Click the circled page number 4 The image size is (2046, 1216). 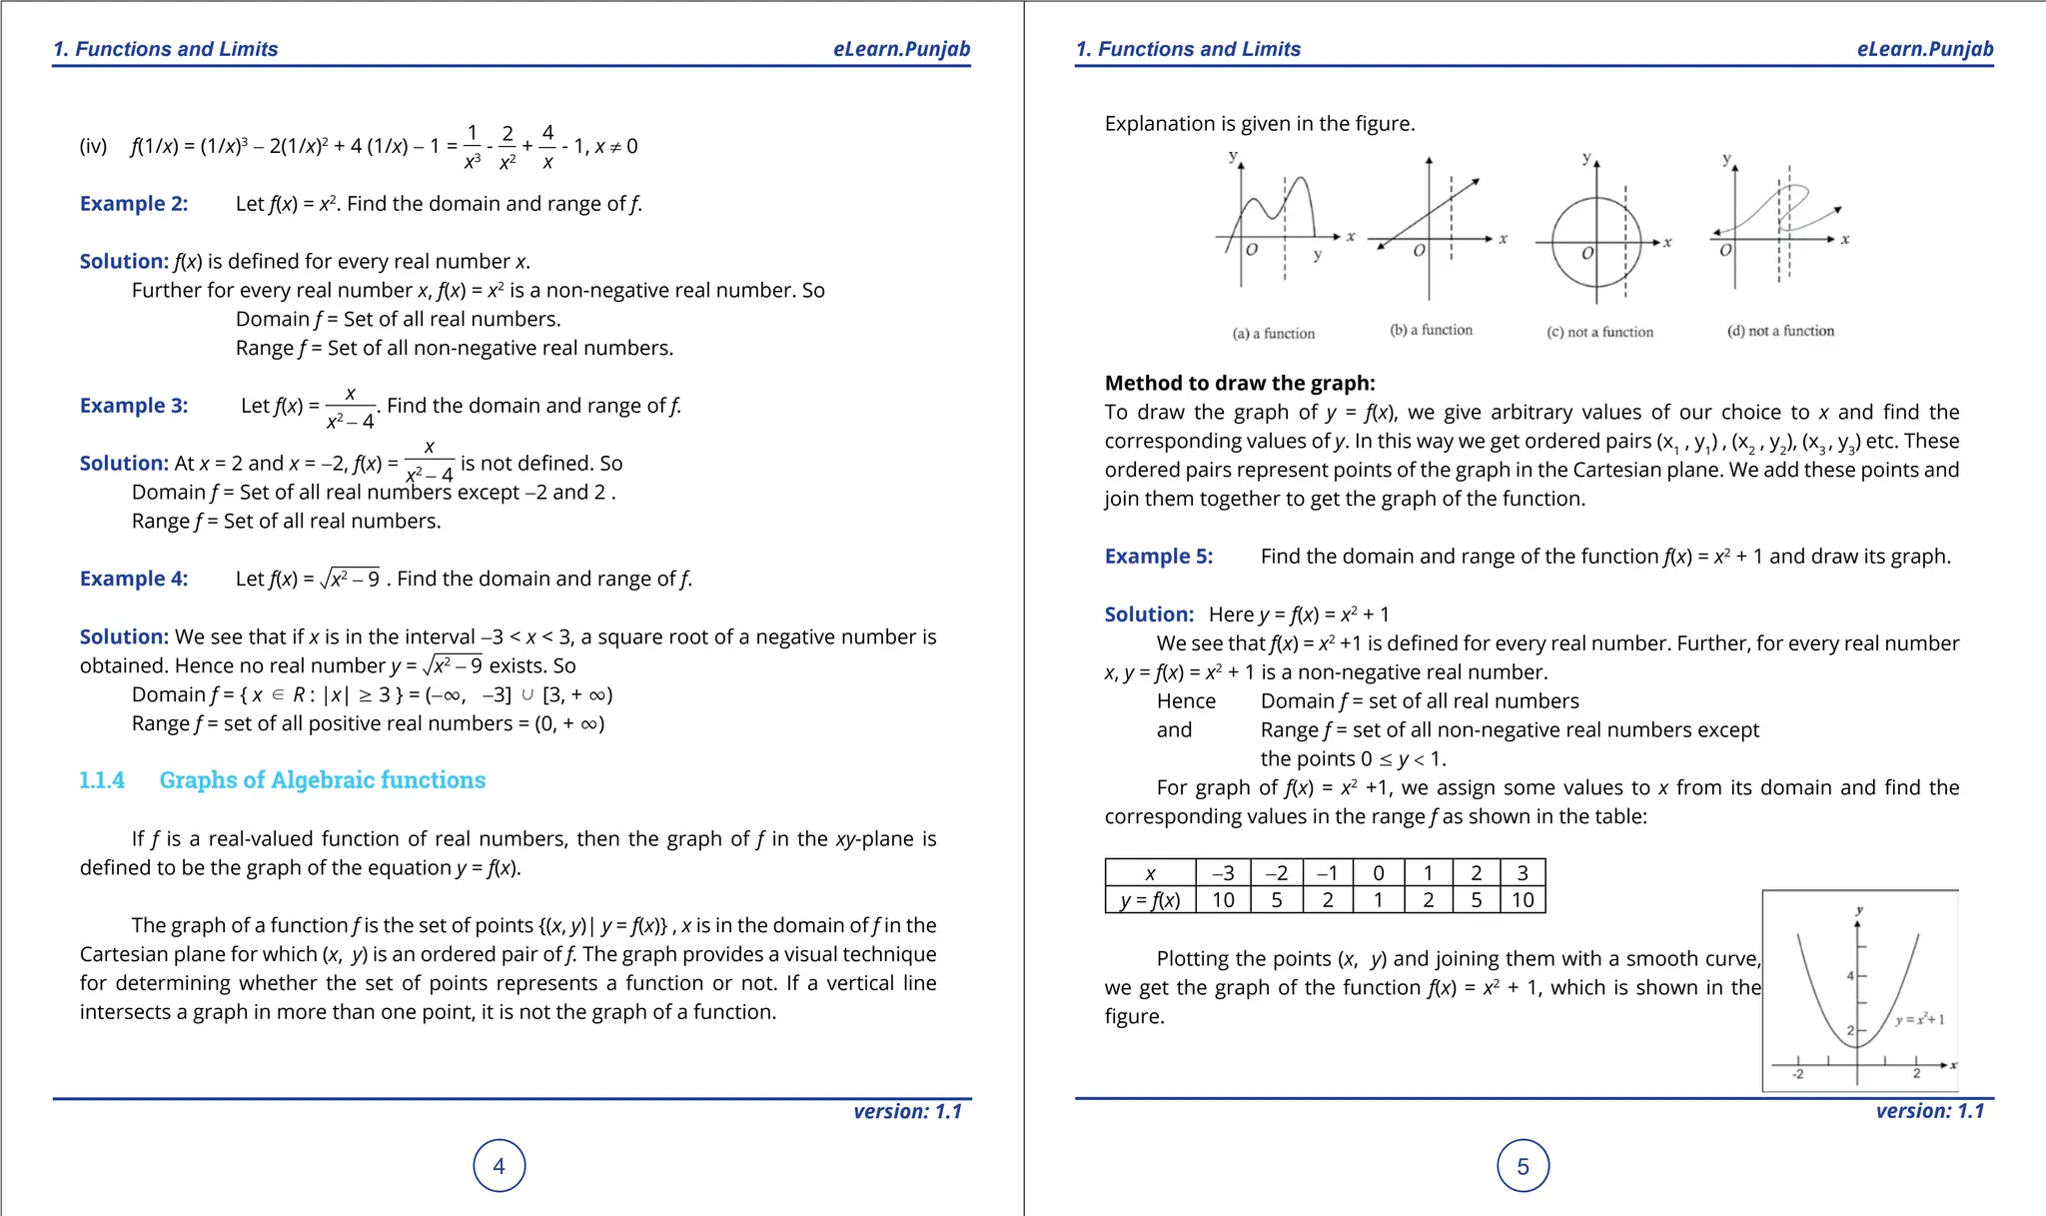499,1166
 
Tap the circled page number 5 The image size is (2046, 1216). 1523,1166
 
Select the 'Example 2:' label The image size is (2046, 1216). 134,204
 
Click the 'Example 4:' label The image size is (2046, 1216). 134,579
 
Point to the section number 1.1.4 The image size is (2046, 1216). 102,780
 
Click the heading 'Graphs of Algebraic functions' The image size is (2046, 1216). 322,780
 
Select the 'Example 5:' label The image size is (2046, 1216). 1158,557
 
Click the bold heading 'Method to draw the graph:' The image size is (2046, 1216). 1239,384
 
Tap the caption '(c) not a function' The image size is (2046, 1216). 1599,332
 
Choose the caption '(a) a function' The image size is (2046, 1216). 1273,334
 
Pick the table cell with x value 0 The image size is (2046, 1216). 1378,873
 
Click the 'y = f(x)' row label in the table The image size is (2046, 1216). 1150,900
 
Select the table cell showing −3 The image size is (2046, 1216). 1223,873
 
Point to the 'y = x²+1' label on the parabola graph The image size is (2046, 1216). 1919,1020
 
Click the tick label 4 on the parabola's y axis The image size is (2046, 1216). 1850,976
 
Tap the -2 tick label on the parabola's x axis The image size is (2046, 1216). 1797,1075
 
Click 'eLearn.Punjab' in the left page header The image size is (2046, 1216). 901,49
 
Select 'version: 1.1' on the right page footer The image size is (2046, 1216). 1929,1111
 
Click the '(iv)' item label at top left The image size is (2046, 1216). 93,147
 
